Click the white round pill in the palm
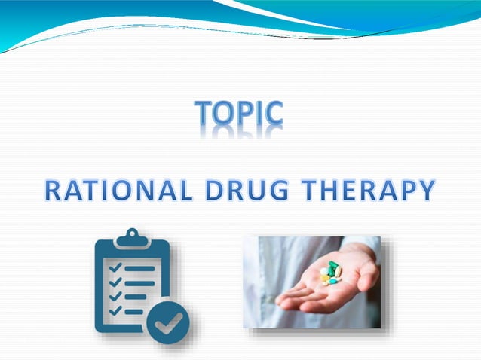324,272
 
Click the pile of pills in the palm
330,273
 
